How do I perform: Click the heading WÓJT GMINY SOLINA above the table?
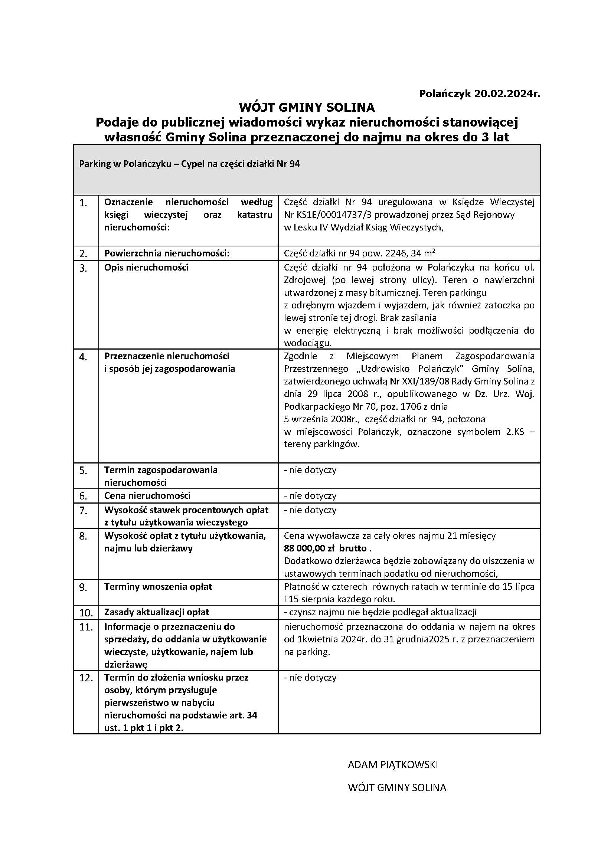pos(307,108)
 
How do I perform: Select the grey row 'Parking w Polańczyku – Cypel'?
pos(307,170)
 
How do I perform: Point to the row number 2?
pos(83,254)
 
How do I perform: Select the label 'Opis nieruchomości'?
pos(146,268)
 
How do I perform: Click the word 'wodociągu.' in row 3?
pos(308,343)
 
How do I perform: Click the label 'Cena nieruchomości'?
pos(147,496)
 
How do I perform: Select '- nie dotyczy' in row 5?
pos(310,470)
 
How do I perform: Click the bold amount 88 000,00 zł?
pos(307,548)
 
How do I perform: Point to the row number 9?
pos(83,587)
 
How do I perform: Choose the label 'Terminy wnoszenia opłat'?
pos(158,587)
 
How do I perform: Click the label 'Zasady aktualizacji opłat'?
pos(157,612)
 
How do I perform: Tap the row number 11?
pos(85,627)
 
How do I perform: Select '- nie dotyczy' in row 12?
pos(310,678)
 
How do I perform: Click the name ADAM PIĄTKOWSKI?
pos(392,765)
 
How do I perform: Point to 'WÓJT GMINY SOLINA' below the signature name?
pos(397,788)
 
